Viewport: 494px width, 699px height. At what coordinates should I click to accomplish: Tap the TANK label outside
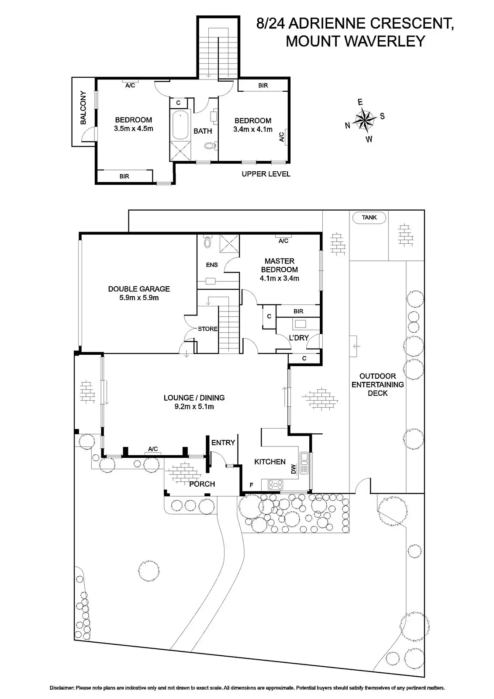click(x=369, y=217)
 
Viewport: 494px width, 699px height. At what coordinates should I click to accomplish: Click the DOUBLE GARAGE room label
click(x=139, y=289)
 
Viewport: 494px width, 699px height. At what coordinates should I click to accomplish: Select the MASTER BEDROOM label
click(x=279, y=265)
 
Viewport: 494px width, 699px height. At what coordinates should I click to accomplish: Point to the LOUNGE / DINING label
click(x=194, y=398)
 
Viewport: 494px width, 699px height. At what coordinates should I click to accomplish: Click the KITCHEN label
click(x=269, y=462)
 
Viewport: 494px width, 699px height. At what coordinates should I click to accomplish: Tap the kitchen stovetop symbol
click(x=276, y=484)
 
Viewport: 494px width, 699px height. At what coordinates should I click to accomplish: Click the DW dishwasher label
click(x=294, y=470)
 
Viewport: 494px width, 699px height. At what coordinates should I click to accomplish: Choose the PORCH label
click(x=202, y=484)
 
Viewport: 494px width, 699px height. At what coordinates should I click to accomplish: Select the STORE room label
click(x=207, y=329)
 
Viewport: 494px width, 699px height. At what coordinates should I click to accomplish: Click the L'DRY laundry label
click(x=299, y=338)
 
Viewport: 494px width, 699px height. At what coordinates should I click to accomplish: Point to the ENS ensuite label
click(x=211, y=265)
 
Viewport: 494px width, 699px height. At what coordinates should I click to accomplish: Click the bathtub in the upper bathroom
click(x=180, y=125)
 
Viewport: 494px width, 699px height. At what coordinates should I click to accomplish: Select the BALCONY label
click(x=83, y=108)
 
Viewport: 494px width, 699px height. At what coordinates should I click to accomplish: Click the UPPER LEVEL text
click(x=266, y=174)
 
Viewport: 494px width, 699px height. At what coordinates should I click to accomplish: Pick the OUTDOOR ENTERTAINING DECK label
click(x=377, y=384)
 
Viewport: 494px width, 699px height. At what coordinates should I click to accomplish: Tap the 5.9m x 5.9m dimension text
click(x=139, y=298)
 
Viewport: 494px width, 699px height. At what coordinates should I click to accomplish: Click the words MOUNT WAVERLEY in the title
click(x=355, y=41)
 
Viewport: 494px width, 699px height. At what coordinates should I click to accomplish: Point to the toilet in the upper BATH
click(x=211, y=146)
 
